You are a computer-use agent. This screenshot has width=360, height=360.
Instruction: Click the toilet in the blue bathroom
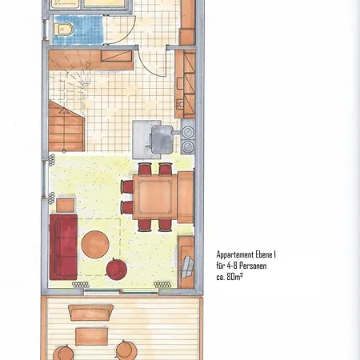(63, 29)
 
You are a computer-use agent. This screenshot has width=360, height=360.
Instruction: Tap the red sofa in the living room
(63, 246)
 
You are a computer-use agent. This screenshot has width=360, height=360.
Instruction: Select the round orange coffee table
(95, 244)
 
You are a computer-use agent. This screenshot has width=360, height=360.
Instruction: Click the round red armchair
(116, 269)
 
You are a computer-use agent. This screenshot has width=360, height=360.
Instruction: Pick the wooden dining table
(155, 197)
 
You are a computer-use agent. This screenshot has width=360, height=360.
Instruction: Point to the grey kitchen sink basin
(162, 139)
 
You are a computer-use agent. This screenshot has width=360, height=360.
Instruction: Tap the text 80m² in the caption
(234, 277)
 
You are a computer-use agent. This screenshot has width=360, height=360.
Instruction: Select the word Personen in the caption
(253, 266)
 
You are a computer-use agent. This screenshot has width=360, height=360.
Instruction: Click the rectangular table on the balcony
(91, 336)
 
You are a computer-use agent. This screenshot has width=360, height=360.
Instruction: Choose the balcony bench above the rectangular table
(90, 312)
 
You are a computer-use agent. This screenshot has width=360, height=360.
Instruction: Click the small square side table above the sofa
(66, 205)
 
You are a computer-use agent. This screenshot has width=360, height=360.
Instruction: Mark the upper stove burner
(188, 132)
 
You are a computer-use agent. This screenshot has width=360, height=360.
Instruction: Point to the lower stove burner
(188, 146)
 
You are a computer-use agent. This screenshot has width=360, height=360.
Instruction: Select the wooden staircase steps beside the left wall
(66, 126)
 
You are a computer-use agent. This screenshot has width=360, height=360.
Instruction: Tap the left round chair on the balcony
(63, 353)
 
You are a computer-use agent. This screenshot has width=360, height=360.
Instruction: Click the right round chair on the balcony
(126, 350)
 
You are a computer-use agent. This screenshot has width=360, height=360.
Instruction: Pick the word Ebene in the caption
(264, 254)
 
